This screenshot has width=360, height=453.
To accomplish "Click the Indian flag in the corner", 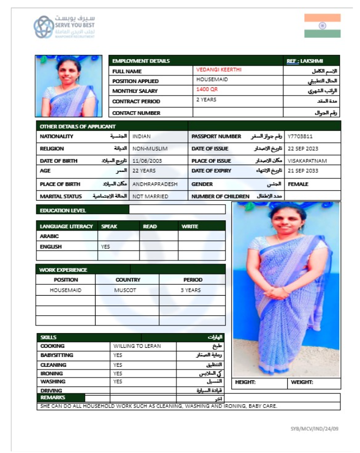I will [322, 25].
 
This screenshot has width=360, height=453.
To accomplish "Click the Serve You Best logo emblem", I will [43, 27].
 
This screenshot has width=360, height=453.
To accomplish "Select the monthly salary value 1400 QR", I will [206, 90].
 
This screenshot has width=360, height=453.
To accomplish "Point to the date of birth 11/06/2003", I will [147, 161].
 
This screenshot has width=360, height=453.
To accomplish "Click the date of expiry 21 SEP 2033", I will [303, 171].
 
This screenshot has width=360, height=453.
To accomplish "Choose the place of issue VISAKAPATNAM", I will [307, 161].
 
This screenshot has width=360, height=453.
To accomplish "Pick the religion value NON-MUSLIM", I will [150, 148].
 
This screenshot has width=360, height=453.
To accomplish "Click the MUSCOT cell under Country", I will [127, 290].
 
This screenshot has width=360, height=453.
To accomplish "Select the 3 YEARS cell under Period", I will [191, 290].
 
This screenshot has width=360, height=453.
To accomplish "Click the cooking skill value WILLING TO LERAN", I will [137, 346].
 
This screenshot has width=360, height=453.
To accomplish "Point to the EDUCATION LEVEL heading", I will [63, 210].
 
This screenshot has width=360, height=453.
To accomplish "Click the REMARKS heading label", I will [53, 398].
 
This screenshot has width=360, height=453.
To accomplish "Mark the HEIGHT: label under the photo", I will [245, 382].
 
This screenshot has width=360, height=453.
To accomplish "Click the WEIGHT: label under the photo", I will [302, 382].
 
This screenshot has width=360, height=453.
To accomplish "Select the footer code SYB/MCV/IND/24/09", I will [315, 429].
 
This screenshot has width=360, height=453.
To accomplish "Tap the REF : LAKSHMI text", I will [312, 61].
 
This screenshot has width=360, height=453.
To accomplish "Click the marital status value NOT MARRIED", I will [150, 196].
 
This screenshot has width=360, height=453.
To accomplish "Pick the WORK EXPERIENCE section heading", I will [64, 270].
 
